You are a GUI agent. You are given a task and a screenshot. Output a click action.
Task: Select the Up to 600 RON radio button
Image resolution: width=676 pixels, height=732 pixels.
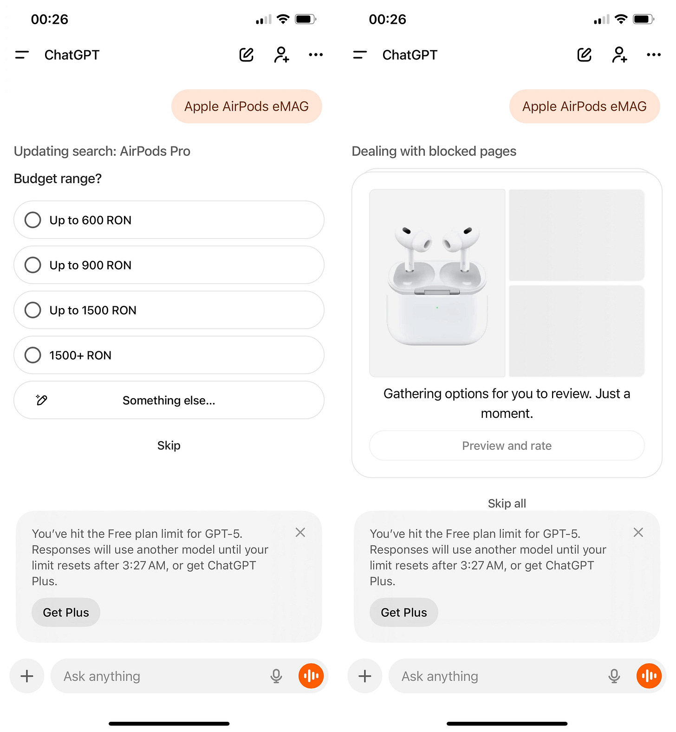33,220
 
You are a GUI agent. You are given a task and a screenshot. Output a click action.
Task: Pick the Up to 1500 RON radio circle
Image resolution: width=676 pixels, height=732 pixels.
33,310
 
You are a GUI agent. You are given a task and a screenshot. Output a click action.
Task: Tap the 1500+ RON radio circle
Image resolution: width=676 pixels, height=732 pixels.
33,355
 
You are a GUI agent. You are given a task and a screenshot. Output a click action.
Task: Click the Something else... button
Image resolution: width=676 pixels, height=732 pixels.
169,400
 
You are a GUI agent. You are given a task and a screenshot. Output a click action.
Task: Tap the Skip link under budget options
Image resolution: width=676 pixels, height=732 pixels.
169,445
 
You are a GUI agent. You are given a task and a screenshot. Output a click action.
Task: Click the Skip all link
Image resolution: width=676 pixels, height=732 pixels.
507,503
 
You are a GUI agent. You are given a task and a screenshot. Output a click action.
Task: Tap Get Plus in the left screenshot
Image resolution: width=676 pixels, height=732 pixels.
66,613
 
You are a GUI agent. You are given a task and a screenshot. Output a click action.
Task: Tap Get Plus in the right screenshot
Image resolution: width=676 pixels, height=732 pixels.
404,613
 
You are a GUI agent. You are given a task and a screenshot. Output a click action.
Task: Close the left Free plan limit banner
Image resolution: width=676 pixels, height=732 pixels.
300,533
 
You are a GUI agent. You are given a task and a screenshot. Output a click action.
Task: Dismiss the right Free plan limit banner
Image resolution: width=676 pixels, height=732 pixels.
638,533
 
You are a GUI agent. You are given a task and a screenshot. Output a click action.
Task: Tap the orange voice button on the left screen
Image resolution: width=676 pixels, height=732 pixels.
311,676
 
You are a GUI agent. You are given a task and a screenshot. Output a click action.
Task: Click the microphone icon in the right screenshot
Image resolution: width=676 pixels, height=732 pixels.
614,676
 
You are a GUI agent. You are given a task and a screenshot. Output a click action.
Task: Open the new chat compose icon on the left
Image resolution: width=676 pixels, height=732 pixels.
247,55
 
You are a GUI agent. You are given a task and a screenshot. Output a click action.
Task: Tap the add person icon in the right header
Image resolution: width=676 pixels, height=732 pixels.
620,55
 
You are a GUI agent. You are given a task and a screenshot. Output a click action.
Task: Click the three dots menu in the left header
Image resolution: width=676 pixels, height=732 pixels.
316,55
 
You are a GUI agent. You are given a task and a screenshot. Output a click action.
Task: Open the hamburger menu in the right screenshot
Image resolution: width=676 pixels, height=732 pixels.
360,55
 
